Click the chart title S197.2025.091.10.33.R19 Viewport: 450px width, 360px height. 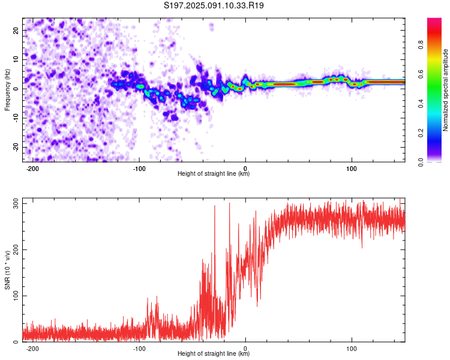coord(214,5)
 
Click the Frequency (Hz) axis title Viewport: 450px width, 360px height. coord(7,89)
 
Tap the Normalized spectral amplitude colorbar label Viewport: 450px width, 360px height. coord(446,90)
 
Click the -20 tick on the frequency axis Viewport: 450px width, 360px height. coord(14,148)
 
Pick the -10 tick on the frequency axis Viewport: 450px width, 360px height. coord(14,118)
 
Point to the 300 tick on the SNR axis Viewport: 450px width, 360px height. coord(13,204)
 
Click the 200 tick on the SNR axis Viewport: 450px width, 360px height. coord(13,250)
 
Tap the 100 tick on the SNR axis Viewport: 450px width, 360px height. coord(13,296)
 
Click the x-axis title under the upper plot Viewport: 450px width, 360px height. coord(214,174)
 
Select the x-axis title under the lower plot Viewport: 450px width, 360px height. coord(214,354)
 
